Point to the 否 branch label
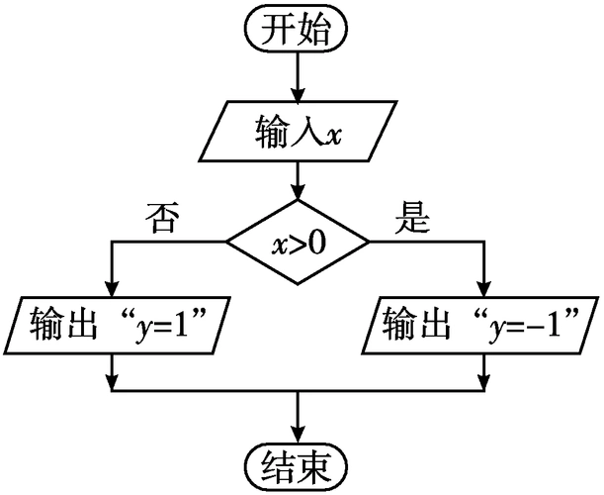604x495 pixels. pos(162,217)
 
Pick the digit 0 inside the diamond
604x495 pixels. pos(316,242)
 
